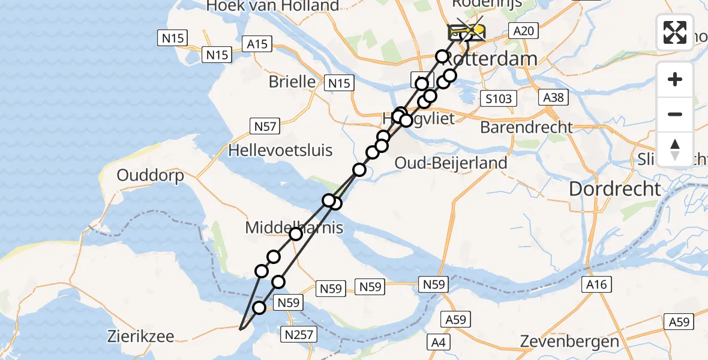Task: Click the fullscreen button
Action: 675,32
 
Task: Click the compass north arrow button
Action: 675,149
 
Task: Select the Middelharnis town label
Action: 294,227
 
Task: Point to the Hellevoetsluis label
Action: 280,149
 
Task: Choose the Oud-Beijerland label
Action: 451,163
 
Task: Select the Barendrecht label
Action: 526,127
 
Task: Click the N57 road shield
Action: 264,126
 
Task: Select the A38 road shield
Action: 553,97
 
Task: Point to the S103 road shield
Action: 497,98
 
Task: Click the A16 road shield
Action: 596,284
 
